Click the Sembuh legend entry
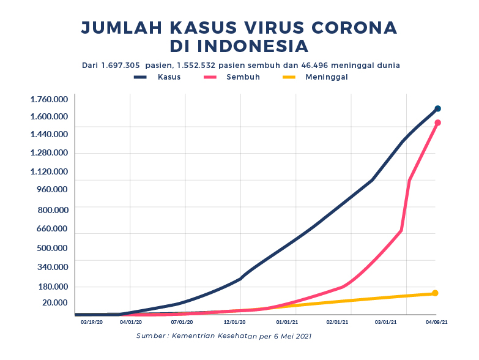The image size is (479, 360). pyautogui.click(x=243, y=77)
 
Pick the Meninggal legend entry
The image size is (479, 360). pyautogui.click(x=326, y=77)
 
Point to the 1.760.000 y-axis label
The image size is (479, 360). pyautogui.click(x=50, y=99)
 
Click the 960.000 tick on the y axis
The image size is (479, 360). pyautogui.click(x=53, y=189)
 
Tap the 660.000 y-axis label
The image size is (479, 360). pyautogui.click(x=53, y=228)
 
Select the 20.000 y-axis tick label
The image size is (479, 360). pyautogui.click(x=54, y=302)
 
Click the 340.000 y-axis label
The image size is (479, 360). pyautogui.click(x=53, y=266)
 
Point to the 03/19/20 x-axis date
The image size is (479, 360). pyautogui.click(x=92, y=321)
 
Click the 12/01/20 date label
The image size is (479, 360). pyautogui.click(x=235, y=321)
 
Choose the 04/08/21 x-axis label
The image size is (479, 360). pyautogui.click(x=437, y=321)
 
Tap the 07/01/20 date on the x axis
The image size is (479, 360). pyautogui.click(x=182, y=321)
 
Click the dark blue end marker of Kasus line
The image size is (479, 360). pyautogui.click(x=437, y=109)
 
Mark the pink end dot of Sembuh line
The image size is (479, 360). pyautogui.click(x=437, y=123)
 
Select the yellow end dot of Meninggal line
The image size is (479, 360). pyautogui.click(x=435, y=293)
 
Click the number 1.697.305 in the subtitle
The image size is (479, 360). pyautogui.click(x=121, y=65)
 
